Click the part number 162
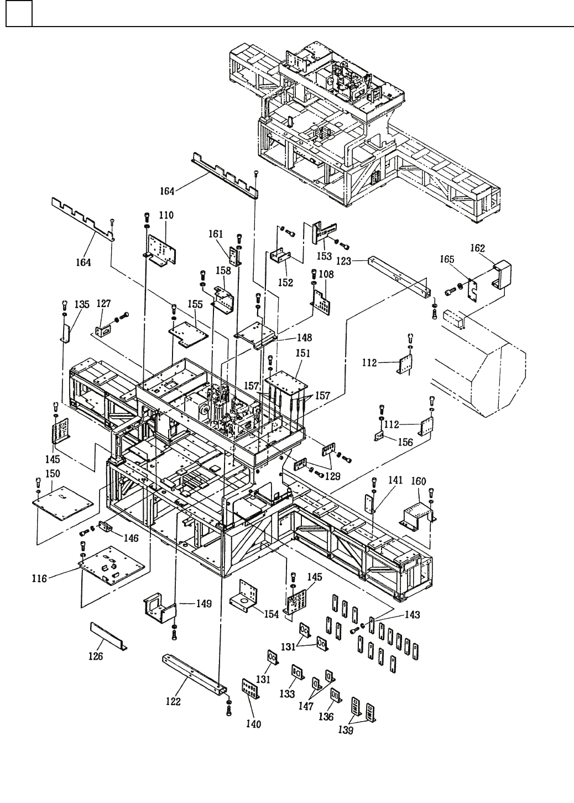477,248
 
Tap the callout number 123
343,261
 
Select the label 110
166,215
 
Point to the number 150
53,473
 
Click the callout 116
39,578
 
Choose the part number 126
96,656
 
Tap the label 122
173,701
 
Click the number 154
271,614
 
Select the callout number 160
419,481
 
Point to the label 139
346,731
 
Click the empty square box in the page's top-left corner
19,13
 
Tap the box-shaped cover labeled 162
502,274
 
